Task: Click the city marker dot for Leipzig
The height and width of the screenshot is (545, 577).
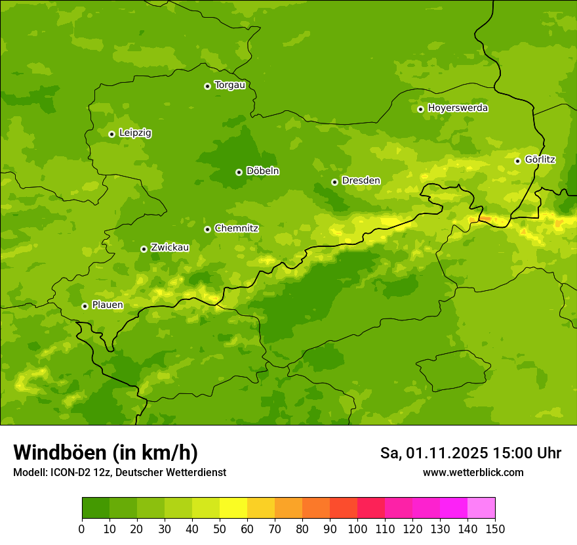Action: [x=111, y=134]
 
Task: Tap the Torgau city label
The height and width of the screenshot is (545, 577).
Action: [x=229, y=85]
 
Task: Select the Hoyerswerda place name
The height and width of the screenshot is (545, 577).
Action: [x=458, y=108]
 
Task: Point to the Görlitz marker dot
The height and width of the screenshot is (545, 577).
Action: [x=517, y=160]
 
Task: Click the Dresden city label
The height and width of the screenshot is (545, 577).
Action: [x=361, y=181]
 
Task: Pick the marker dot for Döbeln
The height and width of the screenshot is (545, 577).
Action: [x=239, y=172]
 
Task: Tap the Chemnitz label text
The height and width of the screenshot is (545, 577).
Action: [x=236, y=229]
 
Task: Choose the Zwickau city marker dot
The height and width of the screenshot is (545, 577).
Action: [x=144, y=249]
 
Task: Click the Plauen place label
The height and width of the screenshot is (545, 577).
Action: [x=108, y=305]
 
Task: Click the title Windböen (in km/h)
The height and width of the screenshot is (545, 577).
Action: [x=105, y=452]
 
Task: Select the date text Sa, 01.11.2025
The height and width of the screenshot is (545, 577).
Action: [x=434, y=453]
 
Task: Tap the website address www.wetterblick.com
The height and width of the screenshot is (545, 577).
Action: [x=473, y=472]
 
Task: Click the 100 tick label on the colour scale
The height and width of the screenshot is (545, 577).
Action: [x=357, y=529]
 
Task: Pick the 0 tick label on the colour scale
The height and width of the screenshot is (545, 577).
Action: [x=82, y=529]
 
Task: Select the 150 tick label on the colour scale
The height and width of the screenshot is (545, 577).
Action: [x=495, y=529]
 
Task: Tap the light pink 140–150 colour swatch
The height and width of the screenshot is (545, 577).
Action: [x=481, y=508]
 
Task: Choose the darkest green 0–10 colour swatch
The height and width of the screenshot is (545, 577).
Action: [x=96, y=508]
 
